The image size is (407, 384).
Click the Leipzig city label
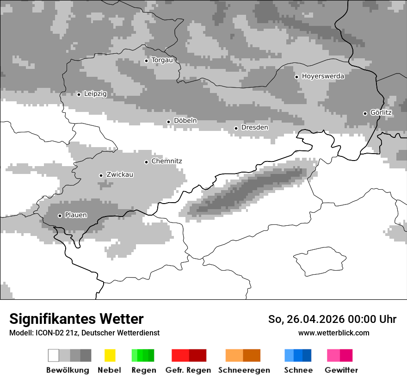pos(95,94)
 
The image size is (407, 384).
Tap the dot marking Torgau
pos(146,61)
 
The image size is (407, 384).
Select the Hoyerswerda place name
pos(323,76)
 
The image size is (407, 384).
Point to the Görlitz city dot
pos(365,113)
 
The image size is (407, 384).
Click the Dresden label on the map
pos(254,128)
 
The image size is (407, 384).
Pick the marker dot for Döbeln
pos(168,122)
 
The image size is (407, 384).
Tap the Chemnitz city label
pos(166,161)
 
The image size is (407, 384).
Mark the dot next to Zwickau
pos(101,175)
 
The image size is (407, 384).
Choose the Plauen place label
pos(76,215)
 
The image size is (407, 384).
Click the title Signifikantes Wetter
pos(76,319)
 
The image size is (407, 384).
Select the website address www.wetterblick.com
pos(333,333)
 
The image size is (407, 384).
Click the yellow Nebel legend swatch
pos(110,355)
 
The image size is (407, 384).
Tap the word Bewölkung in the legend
pos(68,370)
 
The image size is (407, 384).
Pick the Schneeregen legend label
pos(244,370)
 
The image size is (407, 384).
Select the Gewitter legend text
pos(341,370)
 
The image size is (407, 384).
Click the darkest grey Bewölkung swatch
pos(86,355)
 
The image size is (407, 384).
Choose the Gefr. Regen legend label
pos(188,370)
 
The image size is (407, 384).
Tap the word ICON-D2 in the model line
pos(49,333)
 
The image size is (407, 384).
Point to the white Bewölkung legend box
pos(54,355)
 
